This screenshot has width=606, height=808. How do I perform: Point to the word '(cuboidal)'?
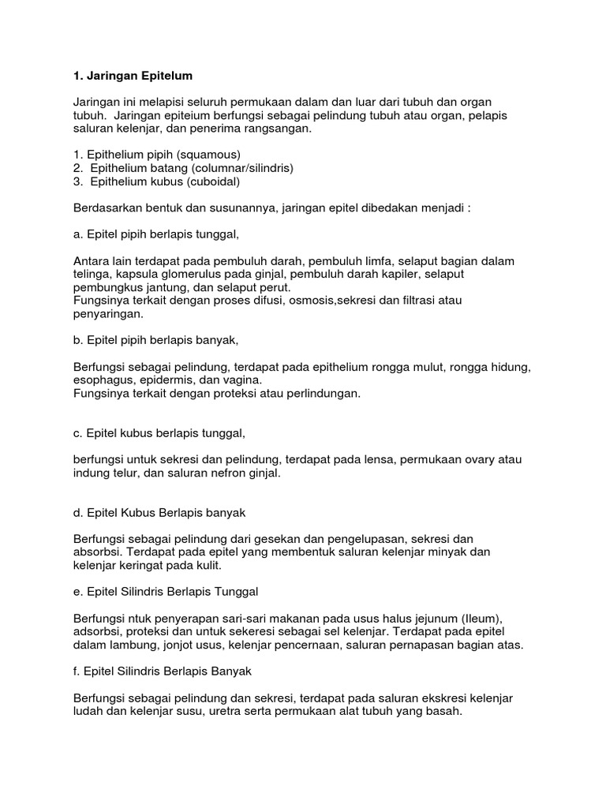pyautogui.click(x=208, y=181)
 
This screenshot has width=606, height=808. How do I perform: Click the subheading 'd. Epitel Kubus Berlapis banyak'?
pyautogui.click(x=159, y=513)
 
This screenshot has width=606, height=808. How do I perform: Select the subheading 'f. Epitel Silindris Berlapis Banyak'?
pyautogui.click(x=162, y=671)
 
